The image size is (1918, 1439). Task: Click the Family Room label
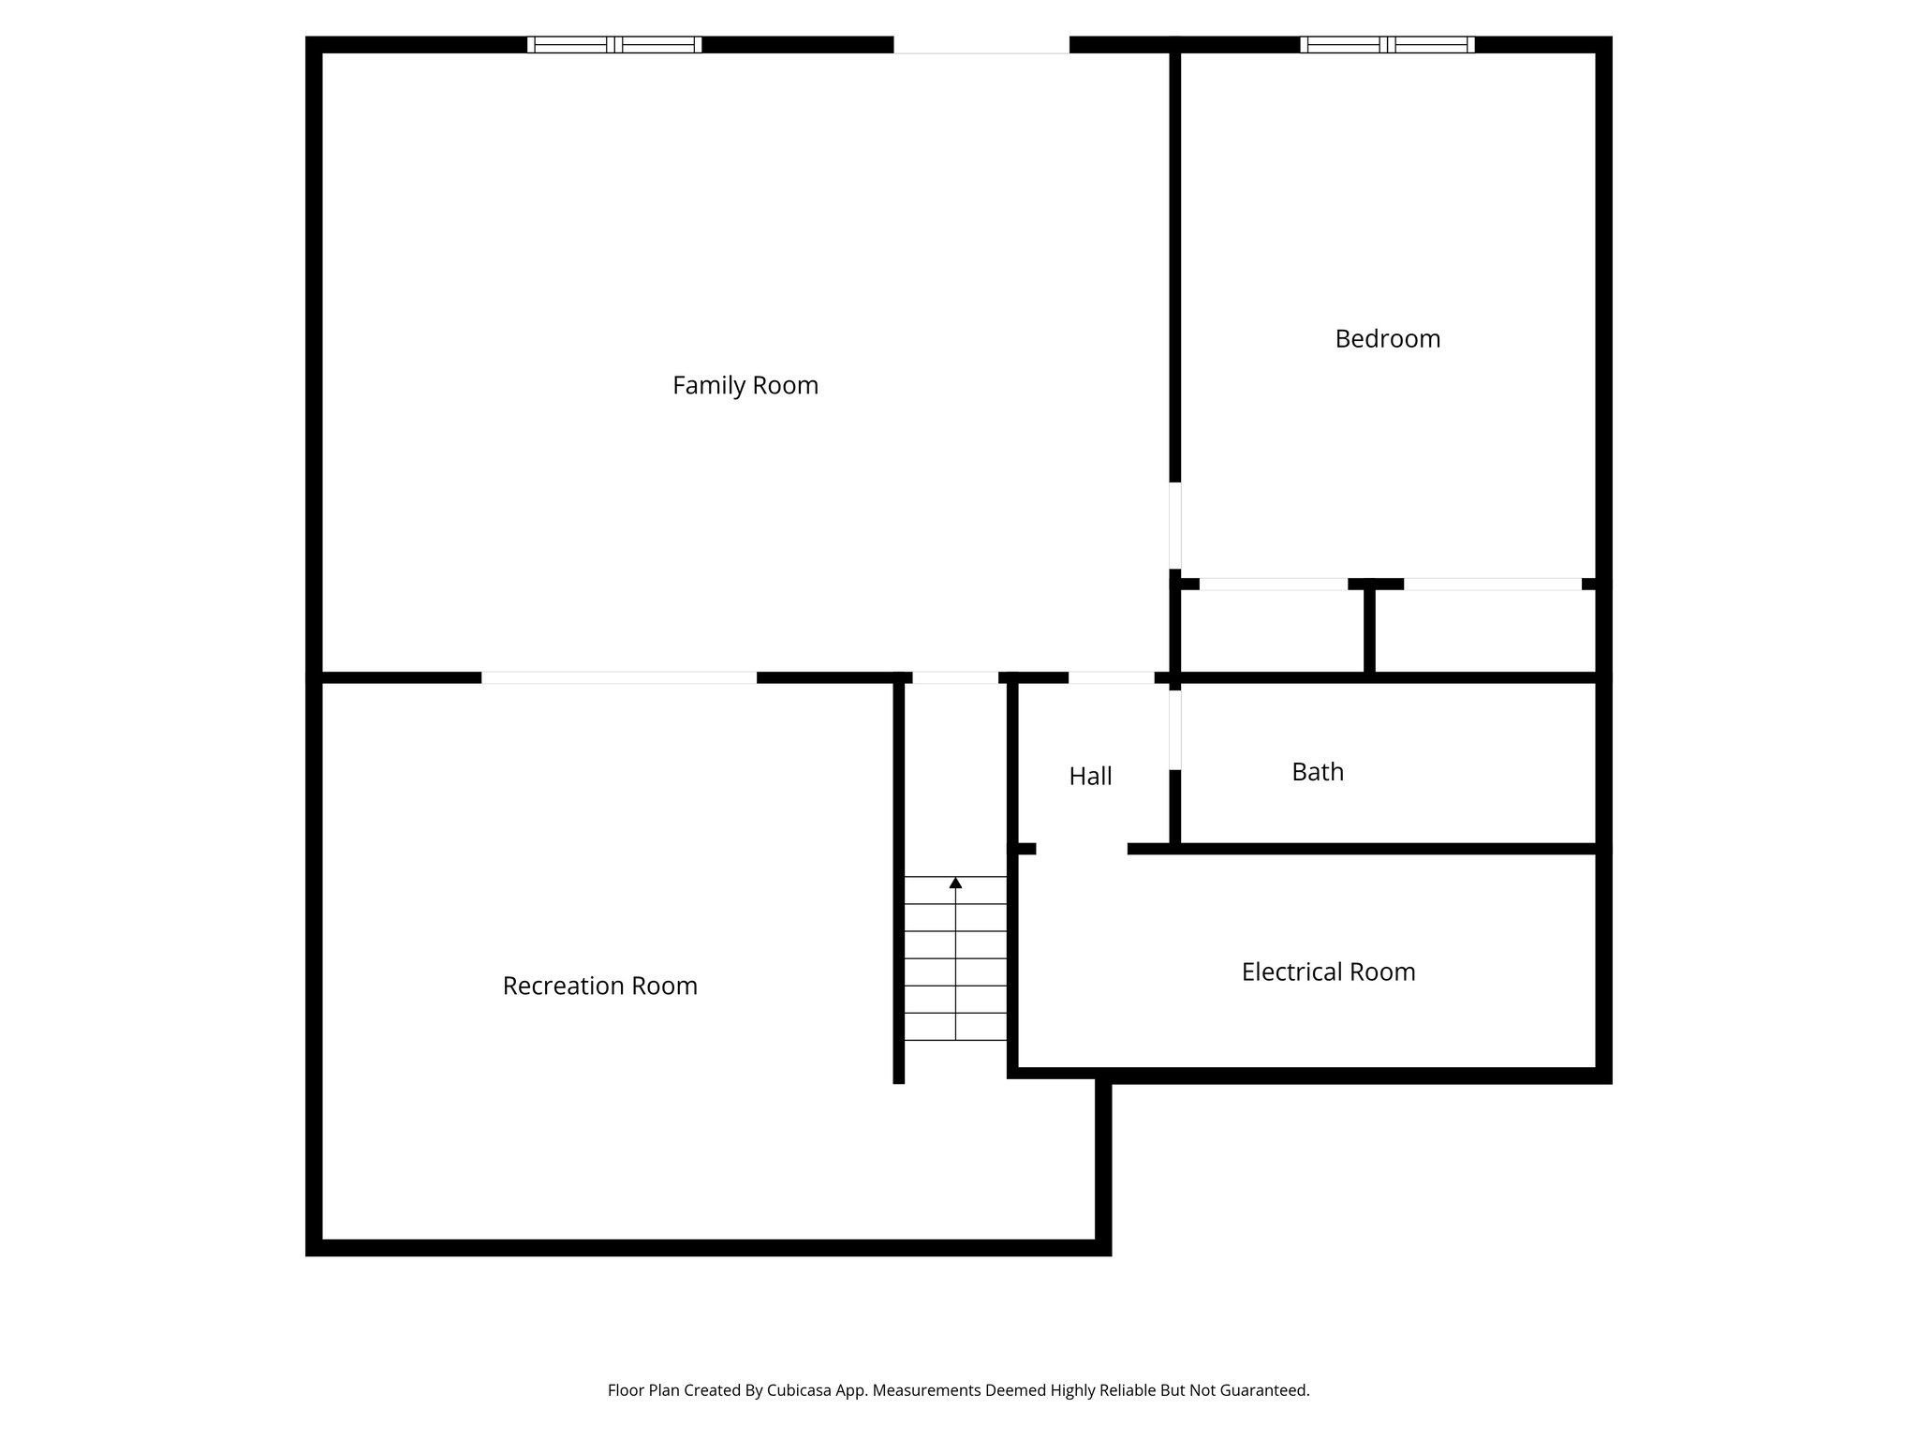745,385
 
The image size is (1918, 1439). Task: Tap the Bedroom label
1387,338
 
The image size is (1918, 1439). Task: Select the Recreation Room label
599,986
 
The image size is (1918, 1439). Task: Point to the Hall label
1090,776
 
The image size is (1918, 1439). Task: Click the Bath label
1317,772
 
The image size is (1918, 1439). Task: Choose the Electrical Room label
1328,972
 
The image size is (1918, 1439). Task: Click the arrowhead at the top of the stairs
955,883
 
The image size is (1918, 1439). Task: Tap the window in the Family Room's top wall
614,44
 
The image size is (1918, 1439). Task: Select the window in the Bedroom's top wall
1387,44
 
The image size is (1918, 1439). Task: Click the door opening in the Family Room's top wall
981,45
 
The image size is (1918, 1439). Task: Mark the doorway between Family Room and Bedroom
1174,525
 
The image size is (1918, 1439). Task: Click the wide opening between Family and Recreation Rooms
619,677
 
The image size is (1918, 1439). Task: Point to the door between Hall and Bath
1174,730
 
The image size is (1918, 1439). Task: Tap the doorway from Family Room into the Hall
1111,677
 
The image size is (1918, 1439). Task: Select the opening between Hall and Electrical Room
1082,849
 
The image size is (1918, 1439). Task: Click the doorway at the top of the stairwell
955,677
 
